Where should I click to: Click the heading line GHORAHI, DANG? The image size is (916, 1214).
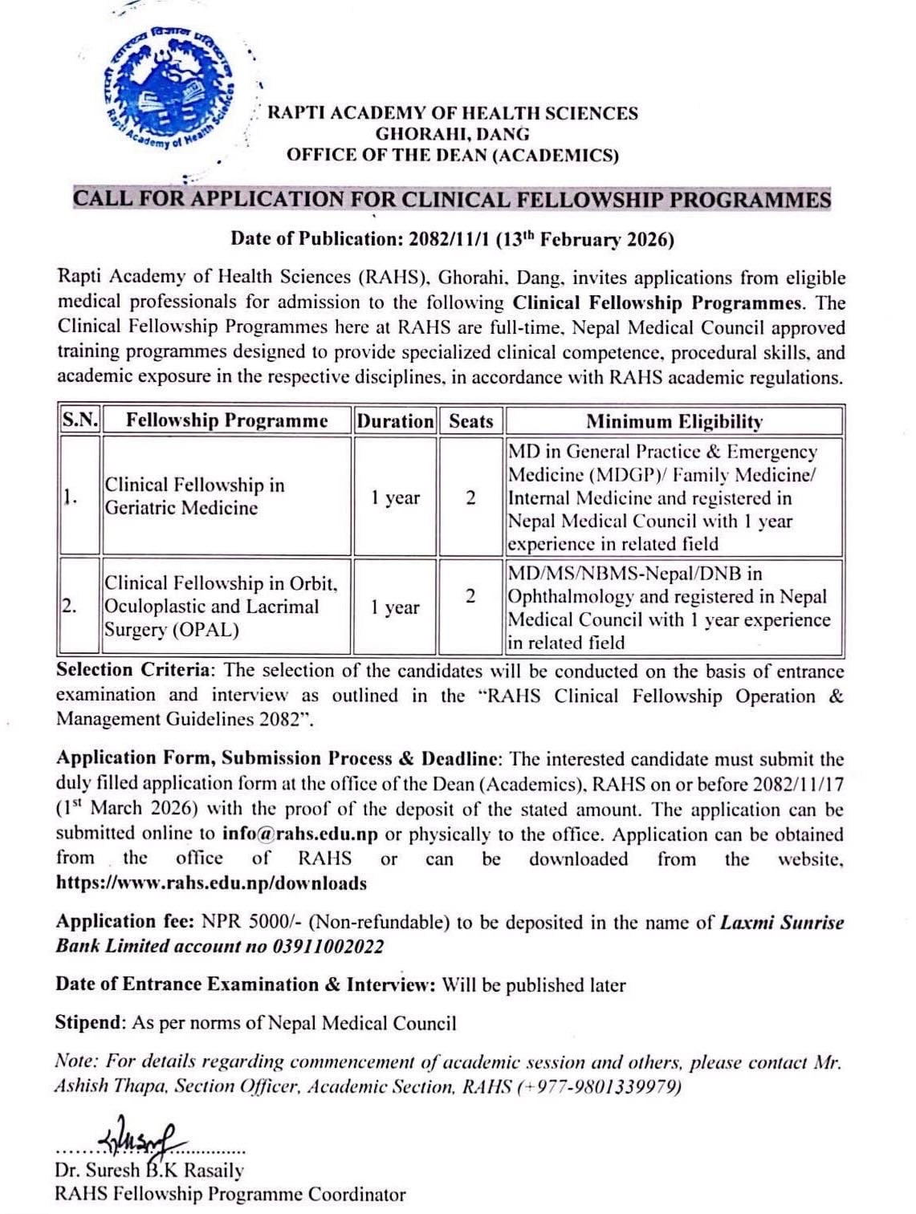pos(452,134)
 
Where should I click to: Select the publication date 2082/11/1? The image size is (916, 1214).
pos(450,239)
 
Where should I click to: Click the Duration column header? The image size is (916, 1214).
pos(395,420)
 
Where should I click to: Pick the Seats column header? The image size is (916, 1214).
pos(470,420)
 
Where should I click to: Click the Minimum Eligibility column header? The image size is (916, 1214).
pos(674,421)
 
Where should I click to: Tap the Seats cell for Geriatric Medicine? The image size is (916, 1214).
pos(470,497)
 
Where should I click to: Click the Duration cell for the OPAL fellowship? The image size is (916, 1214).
pos(395,607)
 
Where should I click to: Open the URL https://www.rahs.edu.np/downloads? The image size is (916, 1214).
pos(211,883)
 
